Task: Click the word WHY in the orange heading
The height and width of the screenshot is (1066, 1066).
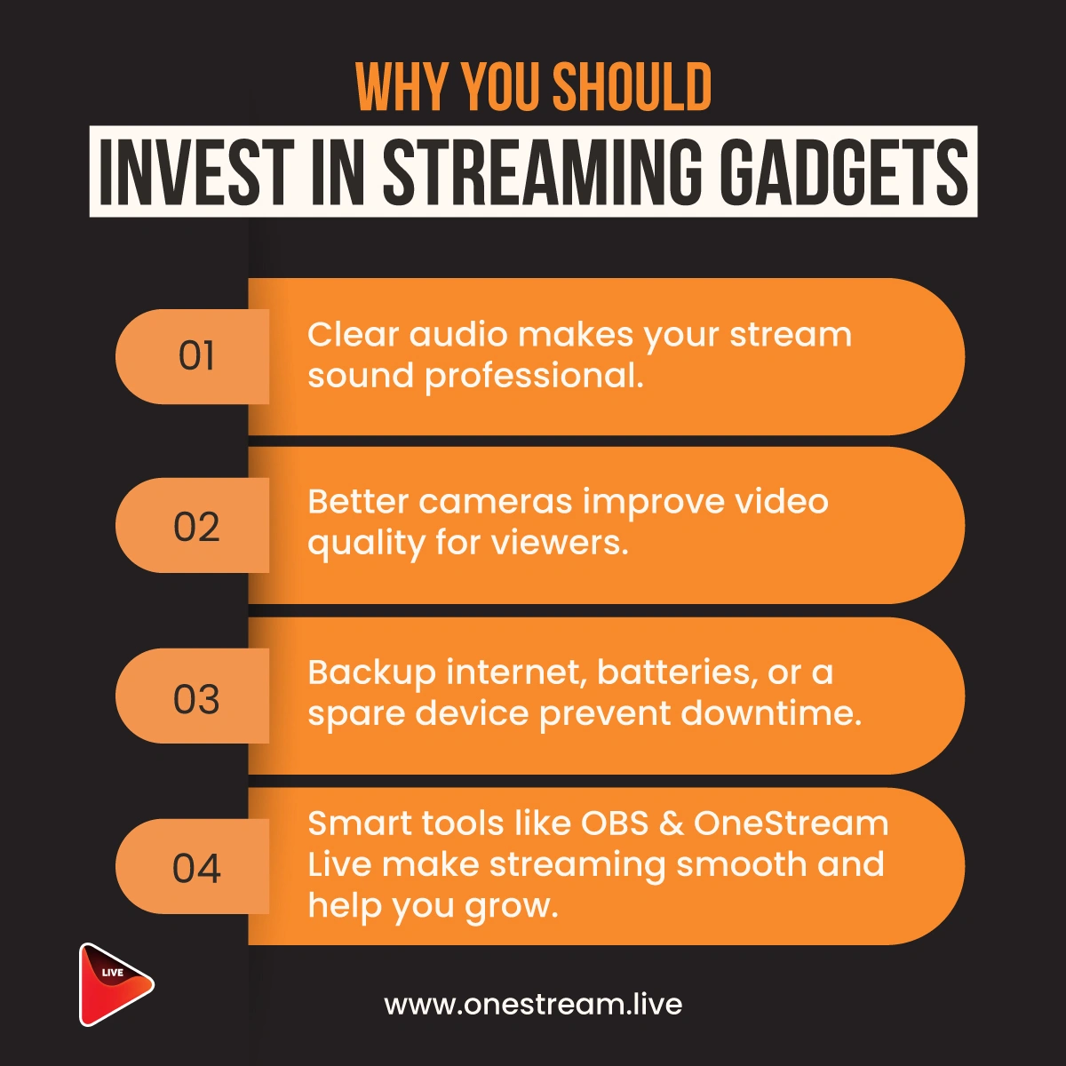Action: click(401, 86)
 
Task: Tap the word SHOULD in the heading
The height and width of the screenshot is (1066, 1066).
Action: click(632, 86)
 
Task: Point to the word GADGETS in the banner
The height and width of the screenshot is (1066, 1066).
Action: click(847, 171)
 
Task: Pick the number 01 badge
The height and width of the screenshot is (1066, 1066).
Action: click(193, 356)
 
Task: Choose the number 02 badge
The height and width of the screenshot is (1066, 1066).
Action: click(193, 525)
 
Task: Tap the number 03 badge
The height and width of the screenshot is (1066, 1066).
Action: click(193, 696)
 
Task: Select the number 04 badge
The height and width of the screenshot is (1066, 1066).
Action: click(193, 866)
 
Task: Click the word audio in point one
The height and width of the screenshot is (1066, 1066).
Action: click(458, 335)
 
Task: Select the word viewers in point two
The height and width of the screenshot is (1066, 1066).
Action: click(560, 544)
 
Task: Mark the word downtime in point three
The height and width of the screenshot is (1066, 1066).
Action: click(771, 713)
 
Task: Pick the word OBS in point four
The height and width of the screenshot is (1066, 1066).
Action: click(614, 823)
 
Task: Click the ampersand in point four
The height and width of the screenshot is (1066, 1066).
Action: click(671, 823)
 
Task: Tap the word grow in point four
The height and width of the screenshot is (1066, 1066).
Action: click(511, 908)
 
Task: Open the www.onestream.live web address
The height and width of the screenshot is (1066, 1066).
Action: click(533, 1004)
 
